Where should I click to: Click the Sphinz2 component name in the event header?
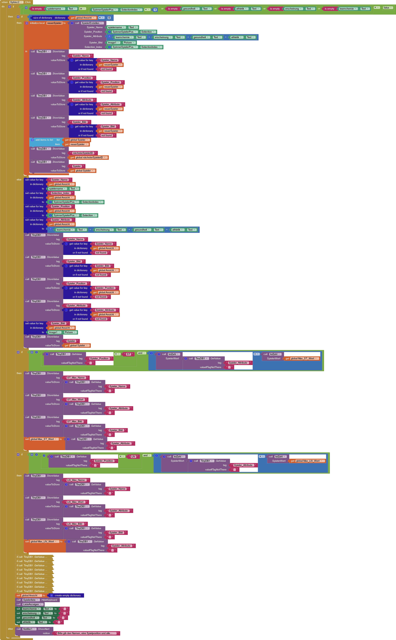coord(15,2)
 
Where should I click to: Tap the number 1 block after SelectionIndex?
coord(155,10)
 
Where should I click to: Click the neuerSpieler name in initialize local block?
coord(54,23)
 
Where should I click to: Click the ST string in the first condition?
coord(129,354)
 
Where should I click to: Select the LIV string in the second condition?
coord(133,457)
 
